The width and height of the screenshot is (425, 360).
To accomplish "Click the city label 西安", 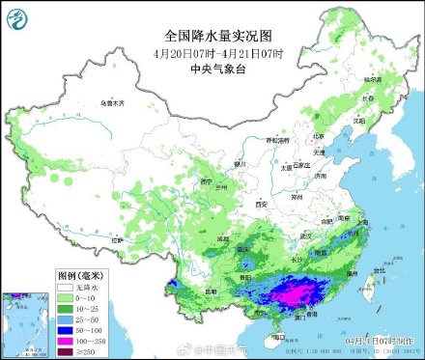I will point(260,205).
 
